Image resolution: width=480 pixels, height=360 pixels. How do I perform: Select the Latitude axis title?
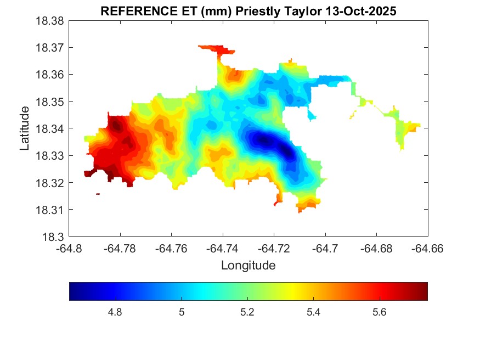coord(25,128)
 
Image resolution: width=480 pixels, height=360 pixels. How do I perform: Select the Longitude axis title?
coord(248,266)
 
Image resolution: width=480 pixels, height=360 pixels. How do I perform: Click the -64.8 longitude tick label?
coord(70,249)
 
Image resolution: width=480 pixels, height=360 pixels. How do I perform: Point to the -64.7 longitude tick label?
coord(326,249)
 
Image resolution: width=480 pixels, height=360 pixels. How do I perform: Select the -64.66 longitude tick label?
coord(428,249)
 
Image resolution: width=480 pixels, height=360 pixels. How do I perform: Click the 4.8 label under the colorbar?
coord(115,312)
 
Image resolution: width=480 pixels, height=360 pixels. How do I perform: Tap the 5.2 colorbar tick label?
coord(247,312)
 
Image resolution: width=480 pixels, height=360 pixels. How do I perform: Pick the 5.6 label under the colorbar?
coord(380,312)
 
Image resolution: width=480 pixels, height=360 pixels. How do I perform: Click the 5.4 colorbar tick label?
coord(313,312)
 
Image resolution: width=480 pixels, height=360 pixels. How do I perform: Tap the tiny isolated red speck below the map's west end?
coord(98,194)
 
